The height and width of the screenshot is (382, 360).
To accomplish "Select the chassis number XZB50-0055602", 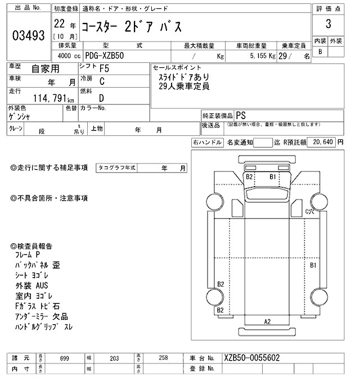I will pos(252,358).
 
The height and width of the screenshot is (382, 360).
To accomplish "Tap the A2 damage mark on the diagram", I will pos(268,321).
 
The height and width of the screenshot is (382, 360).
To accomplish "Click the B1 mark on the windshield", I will pos(273,176).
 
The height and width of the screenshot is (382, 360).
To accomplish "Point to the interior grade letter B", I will pos(321,52).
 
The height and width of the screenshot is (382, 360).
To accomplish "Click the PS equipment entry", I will pos(241,114).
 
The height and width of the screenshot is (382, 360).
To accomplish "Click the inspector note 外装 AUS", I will pos(32,285).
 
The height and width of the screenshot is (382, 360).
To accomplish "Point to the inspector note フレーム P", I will pos(29,255).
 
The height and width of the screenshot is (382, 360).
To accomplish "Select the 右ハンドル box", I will pos(207,143).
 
